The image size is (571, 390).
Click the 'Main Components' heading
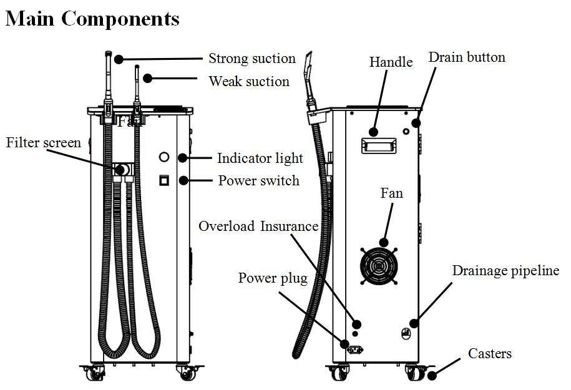click(x=92, y=19)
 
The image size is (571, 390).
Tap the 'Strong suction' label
click(x=251, y=59)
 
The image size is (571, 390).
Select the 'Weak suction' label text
click(x=248, y=82)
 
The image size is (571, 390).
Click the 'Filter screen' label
click(x=44, y=143)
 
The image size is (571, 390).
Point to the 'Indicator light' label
click(x=260, y=158)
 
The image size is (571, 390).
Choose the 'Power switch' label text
click(x=258, y=181)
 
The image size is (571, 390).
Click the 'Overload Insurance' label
click(x=258, y=226)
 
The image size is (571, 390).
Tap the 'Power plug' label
click(x=273, y=278)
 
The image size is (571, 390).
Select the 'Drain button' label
click(x=466, y=57)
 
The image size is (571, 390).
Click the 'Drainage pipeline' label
click(x=505, y=271)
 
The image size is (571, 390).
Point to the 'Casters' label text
click(x=489, y=354)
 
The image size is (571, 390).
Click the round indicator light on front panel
click(x=164, y=157)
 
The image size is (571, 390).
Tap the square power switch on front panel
click(x=164, y=180)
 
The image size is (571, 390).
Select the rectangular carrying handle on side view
click(x=379, y=147)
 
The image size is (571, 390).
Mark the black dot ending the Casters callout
click(x=432, y=374)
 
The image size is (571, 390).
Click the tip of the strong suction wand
click(x=107, y=54)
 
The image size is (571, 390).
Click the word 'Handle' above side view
click(x=391, y=62)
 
